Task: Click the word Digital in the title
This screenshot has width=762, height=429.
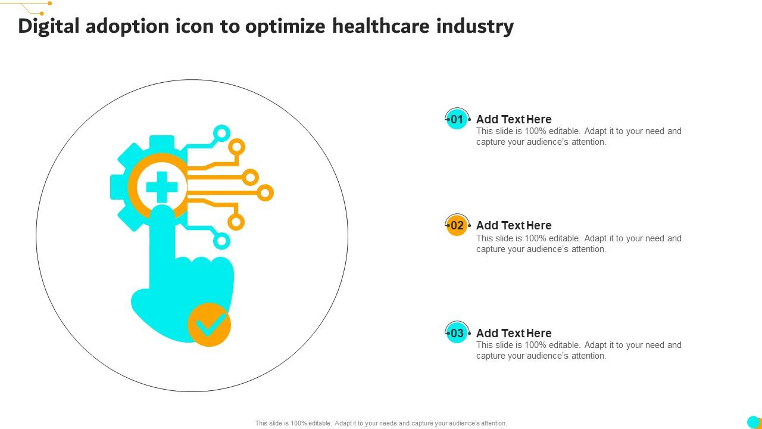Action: coord(50,27)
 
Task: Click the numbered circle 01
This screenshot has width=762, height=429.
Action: coord(457,119)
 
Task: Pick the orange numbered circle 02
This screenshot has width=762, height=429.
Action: coord(457,226)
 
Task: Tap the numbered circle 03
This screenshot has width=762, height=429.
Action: coord(457,333)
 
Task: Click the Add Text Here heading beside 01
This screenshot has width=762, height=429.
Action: coord(514,119)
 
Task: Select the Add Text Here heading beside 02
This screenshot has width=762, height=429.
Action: coord(514,225)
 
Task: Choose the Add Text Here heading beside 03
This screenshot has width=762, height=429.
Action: coord(514,333)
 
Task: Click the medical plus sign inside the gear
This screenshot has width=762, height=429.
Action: coord(161,187)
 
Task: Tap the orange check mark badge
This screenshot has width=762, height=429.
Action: coord(209,325)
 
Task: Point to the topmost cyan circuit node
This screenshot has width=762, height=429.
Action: coord(221,132)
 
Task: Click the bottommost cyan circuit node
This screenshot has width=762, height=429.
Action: coord(221,241)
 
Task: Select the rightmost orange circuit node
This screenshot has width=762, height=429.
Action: coord(265,192)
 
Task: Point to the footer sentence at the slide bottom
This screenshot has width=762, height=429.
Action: coord(381,423)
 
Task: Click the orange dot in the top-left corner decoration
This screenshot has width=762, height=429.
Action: coord(49,3)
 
